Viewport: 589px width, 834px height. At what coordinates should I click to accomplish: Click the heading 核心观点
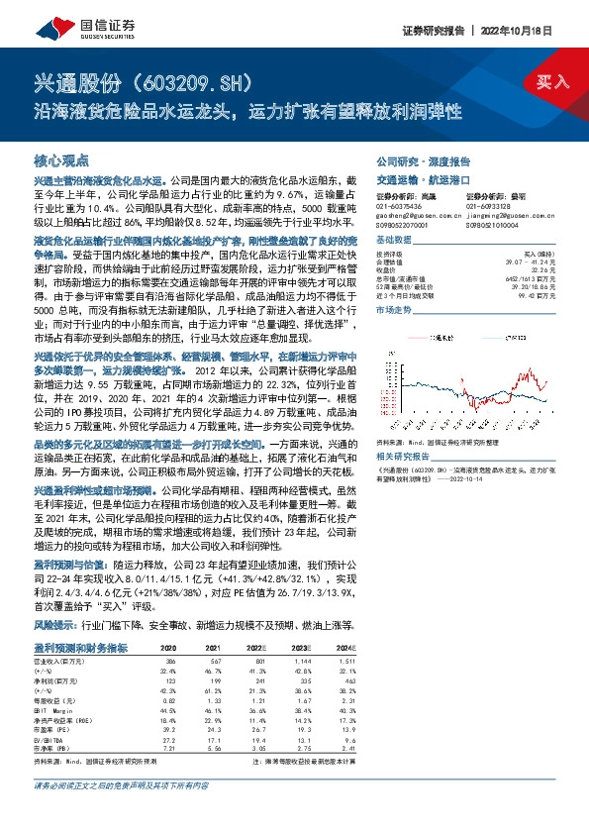pyautogui.click(x=61, y=159)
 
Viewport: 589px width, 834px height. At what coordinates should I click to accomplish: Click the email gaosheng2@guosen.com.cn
pyautogui.click(x=414, y=214)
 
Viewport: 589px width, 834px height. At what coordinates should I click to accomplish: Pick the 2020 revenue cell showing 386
pyautogui.click(x=170, y=659)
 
